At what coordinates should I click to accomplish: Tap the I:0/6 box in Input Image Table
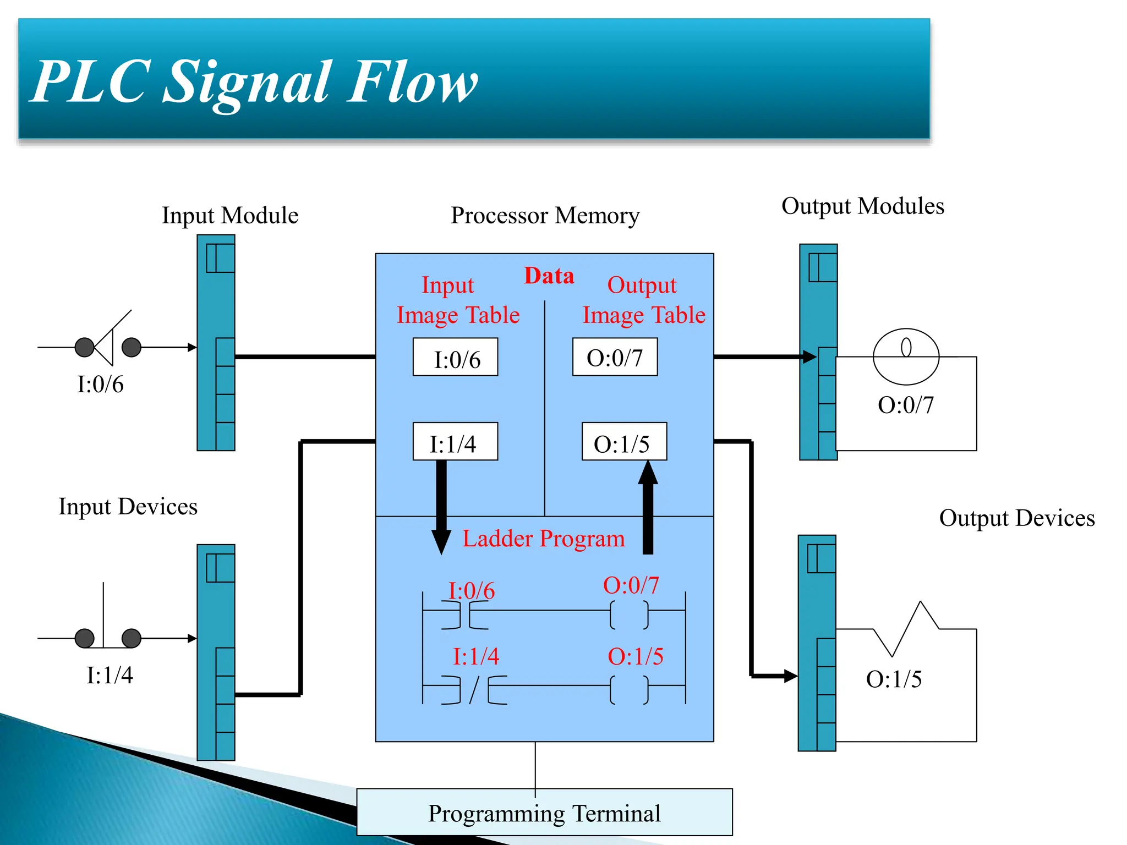tap(455, 358)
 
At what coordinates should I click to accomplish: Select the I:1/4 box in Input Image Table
tap(455, 442)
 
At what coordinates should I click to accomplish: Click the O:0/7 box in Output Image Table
tap(615, 358)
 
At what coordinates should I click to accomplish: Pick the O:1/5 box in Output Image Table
tap(624, 442)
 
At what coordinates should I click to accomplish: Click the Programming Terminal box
tap(544, 813)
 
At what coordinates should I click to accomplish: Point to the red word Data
tap(549, 276)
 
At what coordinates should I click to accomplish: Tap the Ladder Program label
tap(544, 539)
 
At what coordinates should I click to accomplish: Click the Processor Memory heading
tap(545, 215)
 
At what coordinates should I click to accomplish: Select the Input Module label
tap(230, 215)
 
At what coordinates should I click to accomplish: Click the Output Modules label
tap(862, 206)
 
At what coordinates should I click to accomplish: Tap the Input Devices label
tap(128, 507)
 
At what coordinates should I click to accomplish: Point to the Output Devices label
tap(1016, 518)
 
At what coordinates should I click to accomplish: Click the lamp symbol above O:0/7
tap(906, 356)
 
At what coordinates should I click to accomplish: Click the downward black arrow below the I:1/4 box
tap(441, 509)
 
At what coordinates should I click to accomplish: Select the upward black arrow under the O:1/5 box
tap(648, 506)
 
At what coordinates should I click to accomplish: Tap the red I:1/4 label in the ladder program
tap(475, 656)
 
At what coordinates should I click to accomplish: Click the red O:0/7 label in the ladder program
tap(631, 585)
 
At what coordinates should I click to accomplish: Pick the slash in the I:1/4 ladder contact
tap(474, 690)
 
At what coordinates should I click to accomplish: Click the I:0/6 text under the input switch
tap(100, 385)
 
